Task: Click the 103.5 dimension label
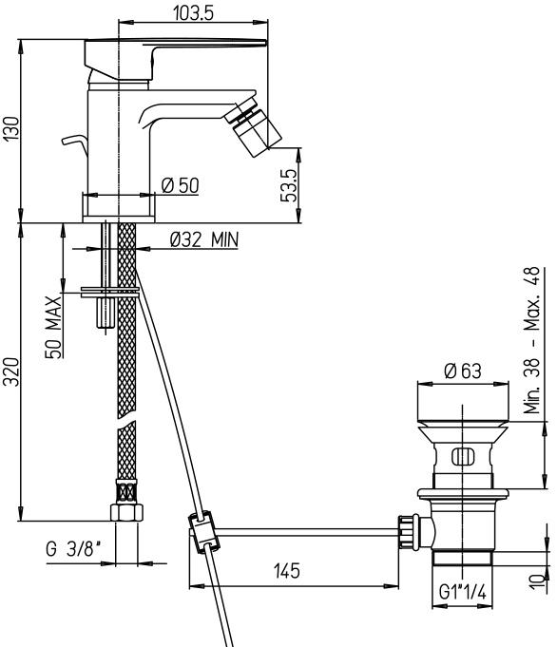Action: coord(193,12)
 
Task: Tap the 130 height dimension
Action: coord(11,129)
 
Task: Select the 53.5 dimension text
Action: coord(289,185)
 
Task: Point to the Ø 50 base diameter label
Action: coord(180,185)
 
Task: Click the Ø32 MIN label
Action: coord(204,239)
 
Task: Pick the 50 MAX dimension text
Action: coord(53,327)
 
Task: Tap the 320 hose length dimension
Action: coord(11,372)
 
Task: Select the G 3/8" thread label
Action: coord(73,549)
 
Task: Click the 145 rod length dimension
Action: coord(286,571)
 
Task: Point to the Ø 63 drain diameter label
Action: coord(463,371)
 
